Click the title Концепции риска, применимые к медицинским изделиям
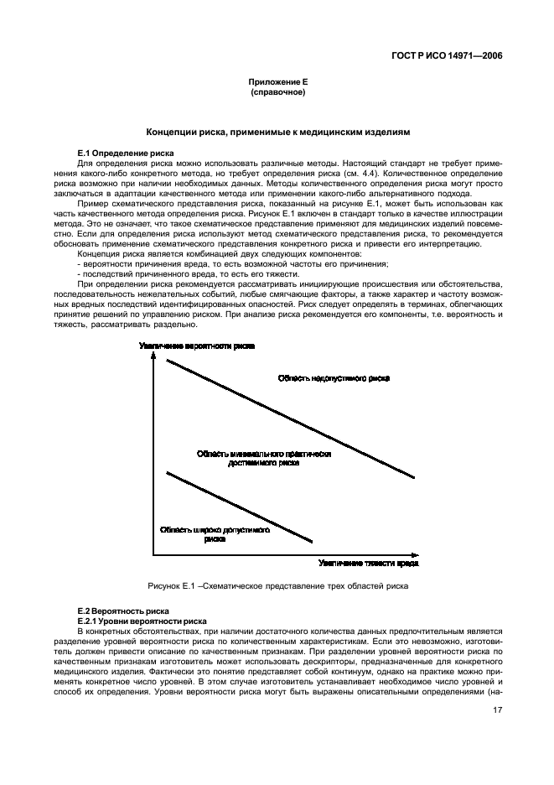point(277,133)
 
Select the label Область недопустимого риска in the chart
point(334,379)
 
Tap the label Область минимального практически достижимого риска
point(264,458)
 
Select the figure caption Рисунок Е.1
point(277,585)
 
